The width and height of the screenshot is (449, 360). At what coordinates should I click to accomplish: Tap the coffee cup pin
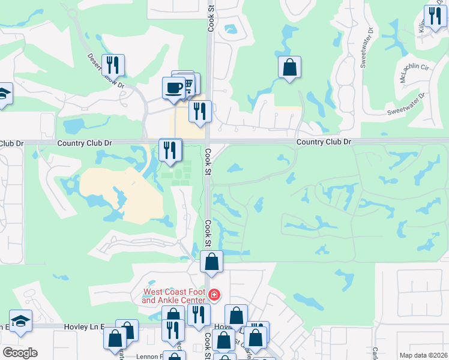pos(173,88)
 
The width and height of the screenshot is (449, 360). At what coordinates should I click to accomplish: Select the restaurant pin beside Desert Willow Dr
pos(113,64)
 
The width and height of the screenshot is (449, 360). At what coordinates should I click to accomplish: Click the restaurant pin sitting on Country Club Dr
pos(170,150)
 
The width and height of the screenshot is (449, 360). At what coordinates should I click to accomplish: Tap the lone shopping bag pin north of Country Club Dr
pos(289,67)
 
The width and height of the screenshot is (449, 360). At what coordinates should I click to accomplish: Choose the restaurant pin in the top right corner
pos(433,16)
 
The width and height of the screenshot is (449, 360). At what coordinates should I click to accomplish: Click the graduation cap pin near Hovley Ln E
pos(20,320)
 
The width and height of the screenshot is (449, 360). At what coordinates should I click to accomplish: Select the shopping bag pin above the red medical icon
pos(211,262)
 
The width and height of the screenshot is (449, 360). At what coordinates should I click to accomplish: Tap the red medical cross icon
pos(214,295)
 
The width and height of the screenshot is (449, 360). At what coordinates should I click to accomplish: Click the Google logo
pos(20,353)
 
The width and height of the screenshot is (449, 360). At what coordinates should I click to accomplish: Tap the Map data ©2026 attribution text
pos(423,355)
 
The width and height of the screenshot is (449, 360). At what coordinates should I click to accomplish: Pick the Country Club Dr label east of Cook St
pos(324,142)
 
